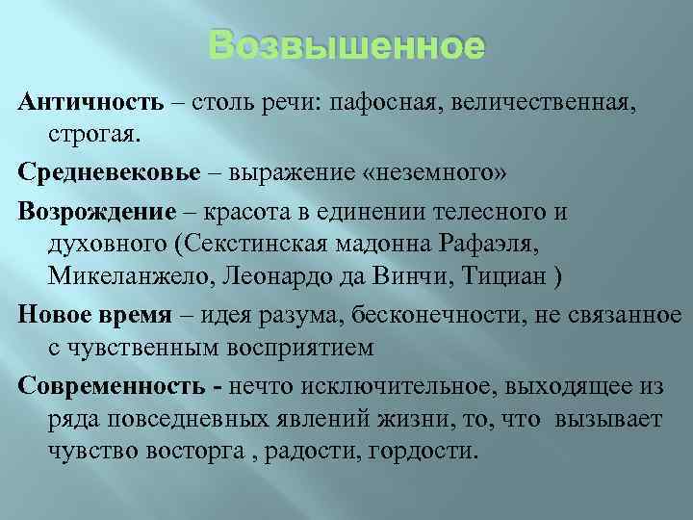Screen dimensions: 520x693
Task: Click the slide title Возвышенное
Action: (346, 46)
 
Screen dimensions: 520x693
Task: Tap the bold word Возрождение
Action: (95, 211)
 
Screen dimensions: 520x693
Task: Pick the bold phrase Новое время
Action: (93, 315)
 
